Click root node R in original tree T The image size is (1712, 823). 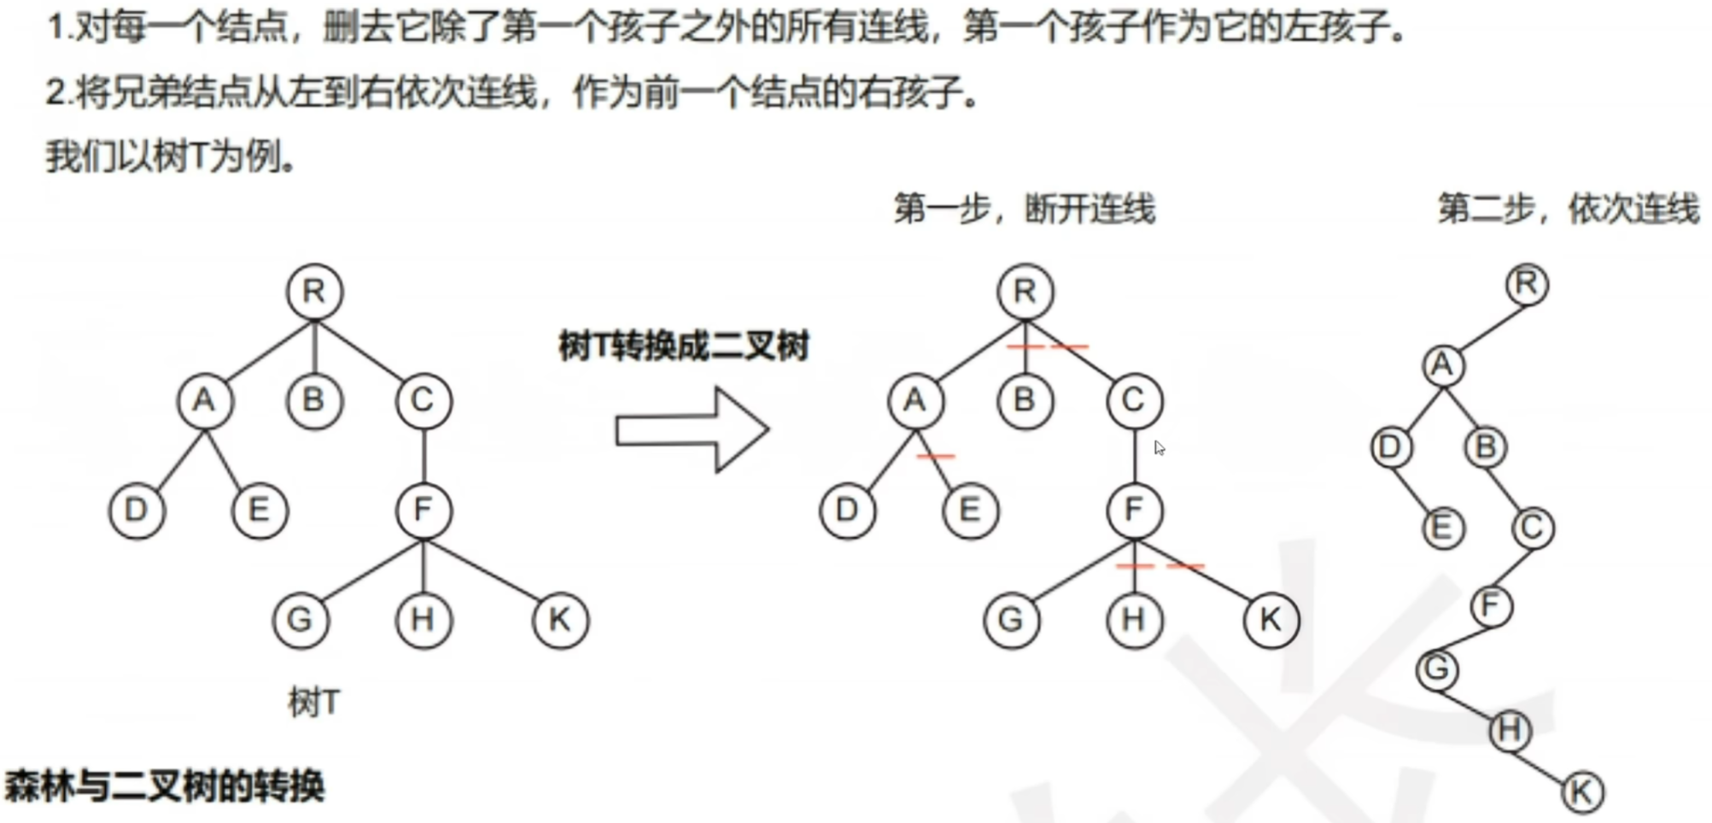(x=314, y=292)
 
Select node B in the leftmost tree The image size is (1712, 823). (x=314, y=400)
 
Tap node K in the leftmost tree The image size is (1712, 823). (x=560, y=620)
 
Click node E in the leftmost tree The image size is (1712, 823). (x=260, y=511)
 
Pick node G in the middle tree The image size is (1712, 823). (x=1011, y=620)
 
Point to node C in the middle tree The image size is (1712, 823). (x=1134, y=400)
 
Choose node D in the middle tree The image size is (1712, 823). (x=847, y=511)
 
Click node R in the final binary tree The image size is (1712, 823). (x=1527, y=284)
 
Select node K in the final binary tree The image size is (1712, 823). (x=1581, y=792)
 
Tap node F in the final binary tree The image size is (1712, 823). (x=1491, y=606)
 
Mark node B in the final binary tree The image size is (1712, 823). (x=1486, y=447)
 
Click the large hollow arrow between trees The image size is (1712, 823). (x=692, y=429)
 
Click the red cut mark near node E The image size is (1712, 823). (x=936, y=457)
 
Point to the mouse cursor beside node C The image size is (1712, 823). (x=1159, y=447)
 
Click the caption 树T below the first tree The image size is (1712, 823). (x=314, y=703)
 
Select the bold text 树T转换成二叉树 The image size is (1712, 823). (x=683, y=347)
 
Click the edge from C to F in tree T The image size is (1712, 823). (x=424, y=456)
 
